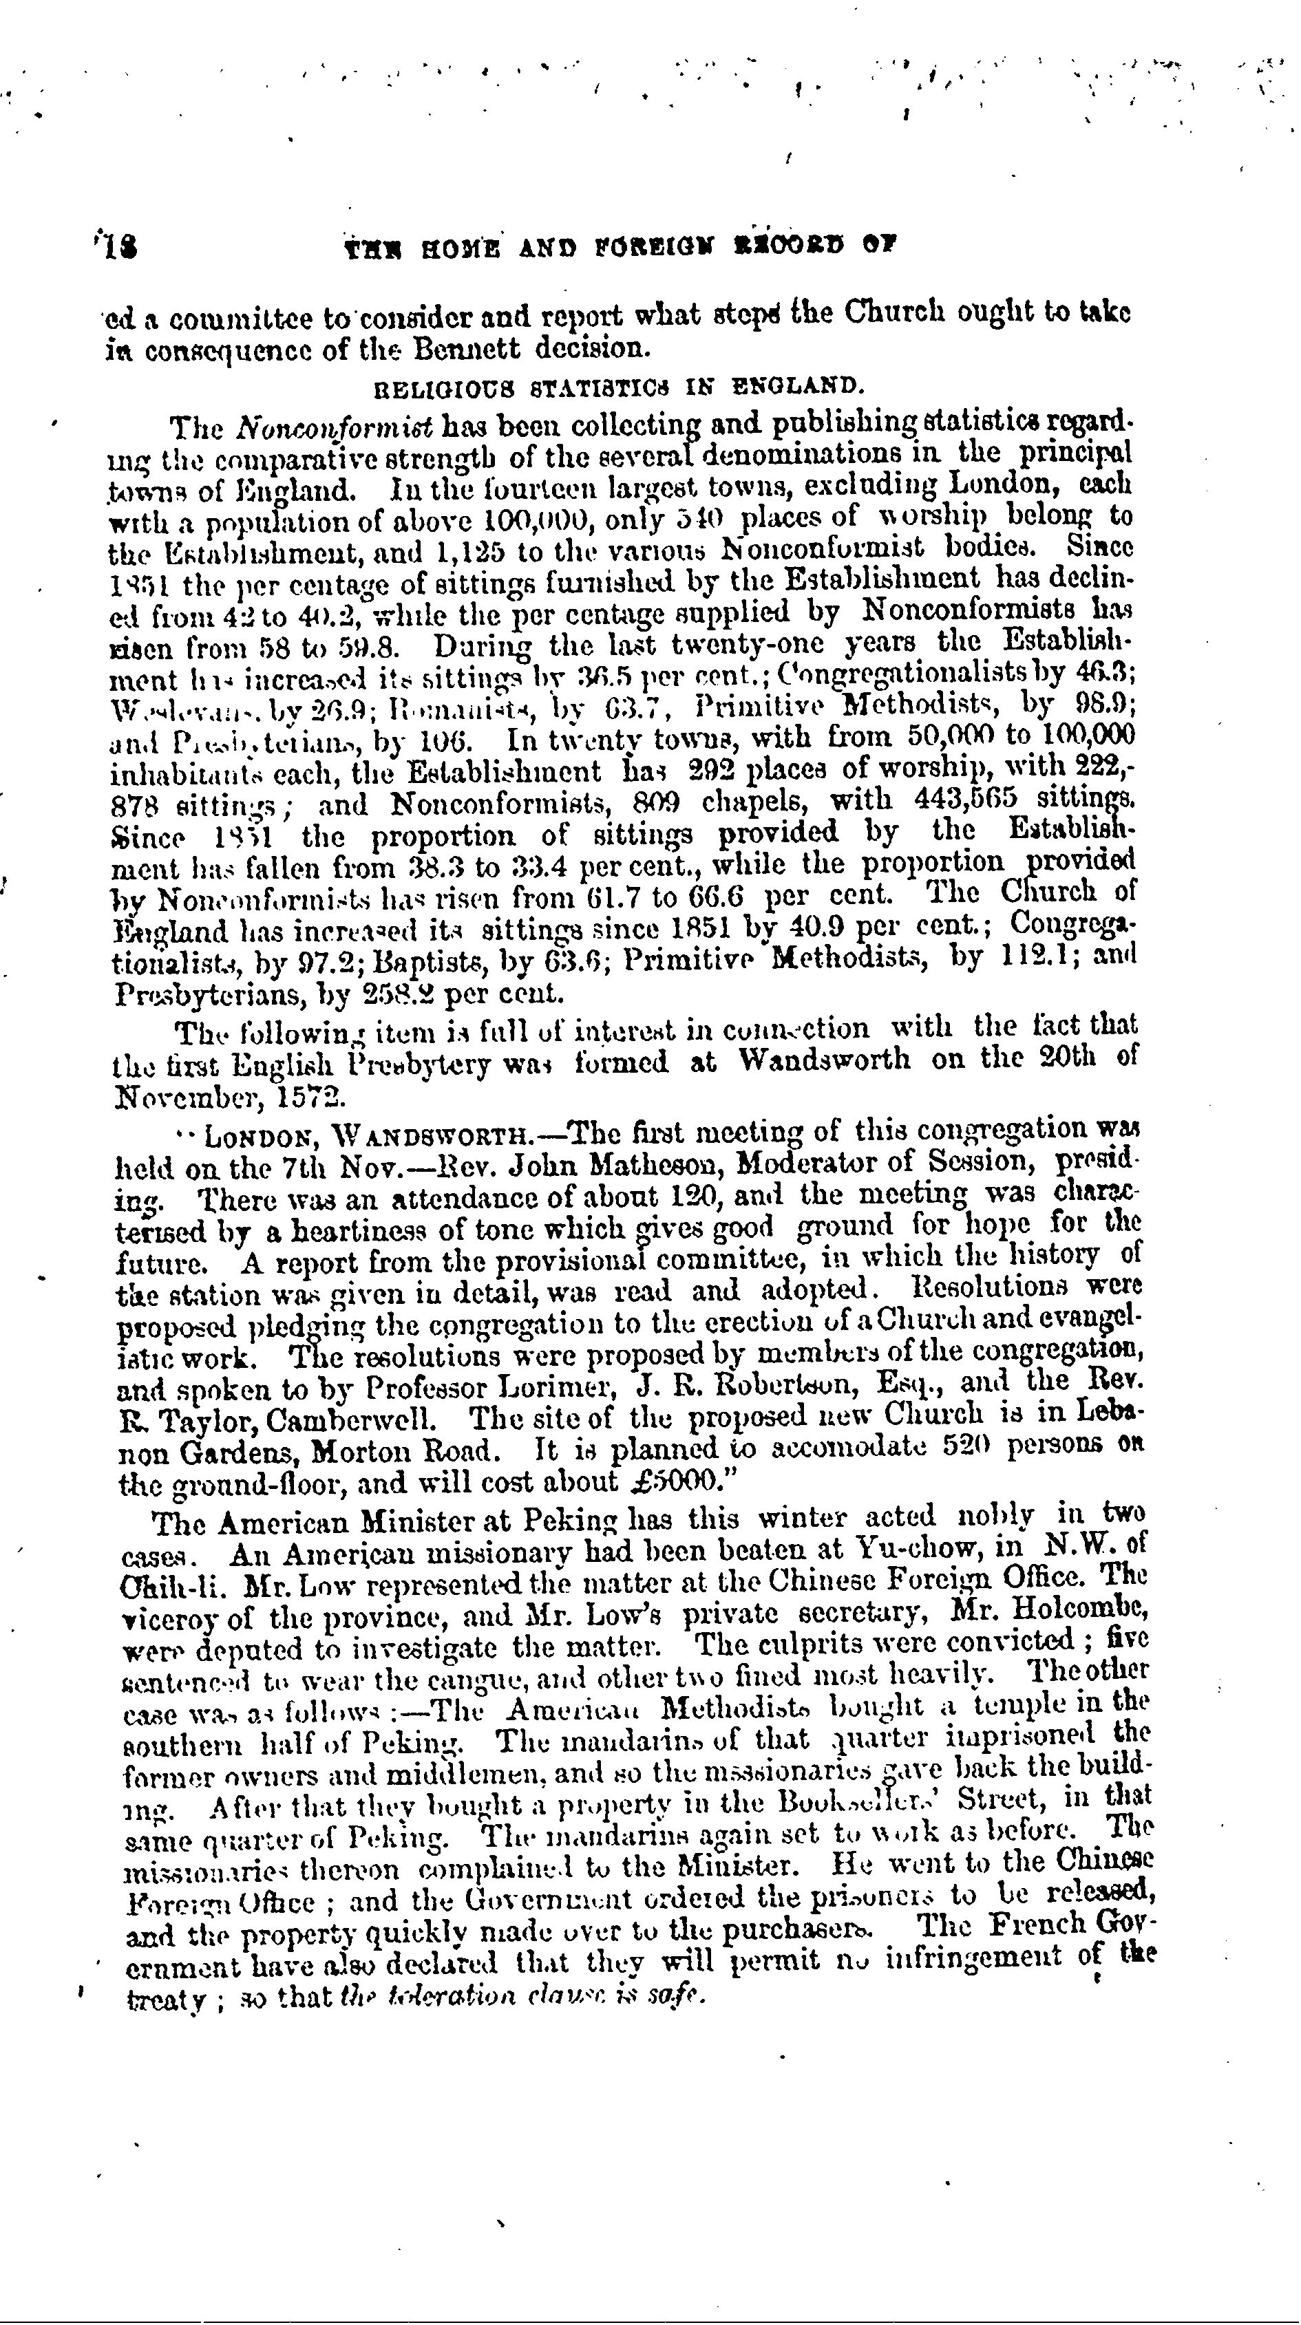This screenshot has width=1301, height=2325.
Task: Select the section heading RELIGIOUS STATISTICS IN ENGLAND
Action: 618,388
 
